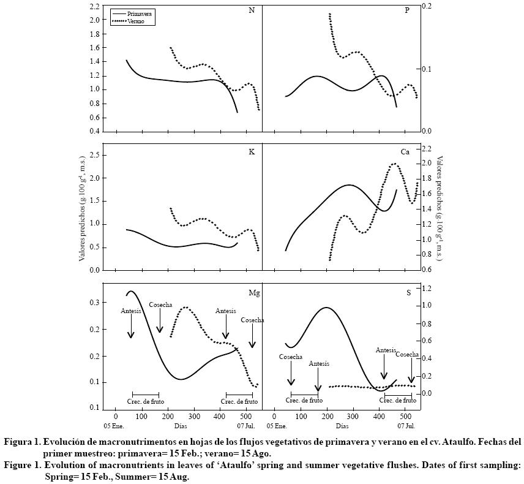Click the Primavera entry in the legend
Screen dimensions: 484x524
pos(139,13)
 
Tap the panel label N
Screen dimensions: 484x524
pos(252,11)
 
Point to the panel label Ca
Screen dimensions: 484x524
pos(405,151)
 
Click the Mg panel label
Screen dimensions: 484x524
pos(253,293)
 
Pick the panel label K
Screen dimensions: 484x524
pos(252,151)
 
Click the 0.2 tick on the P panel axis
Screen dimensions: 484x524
pos(427,6)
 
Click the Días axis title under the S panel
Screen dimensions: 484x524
pos(342,425)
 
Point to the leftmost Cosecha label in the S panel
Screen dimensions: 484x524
pos(291,357)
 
